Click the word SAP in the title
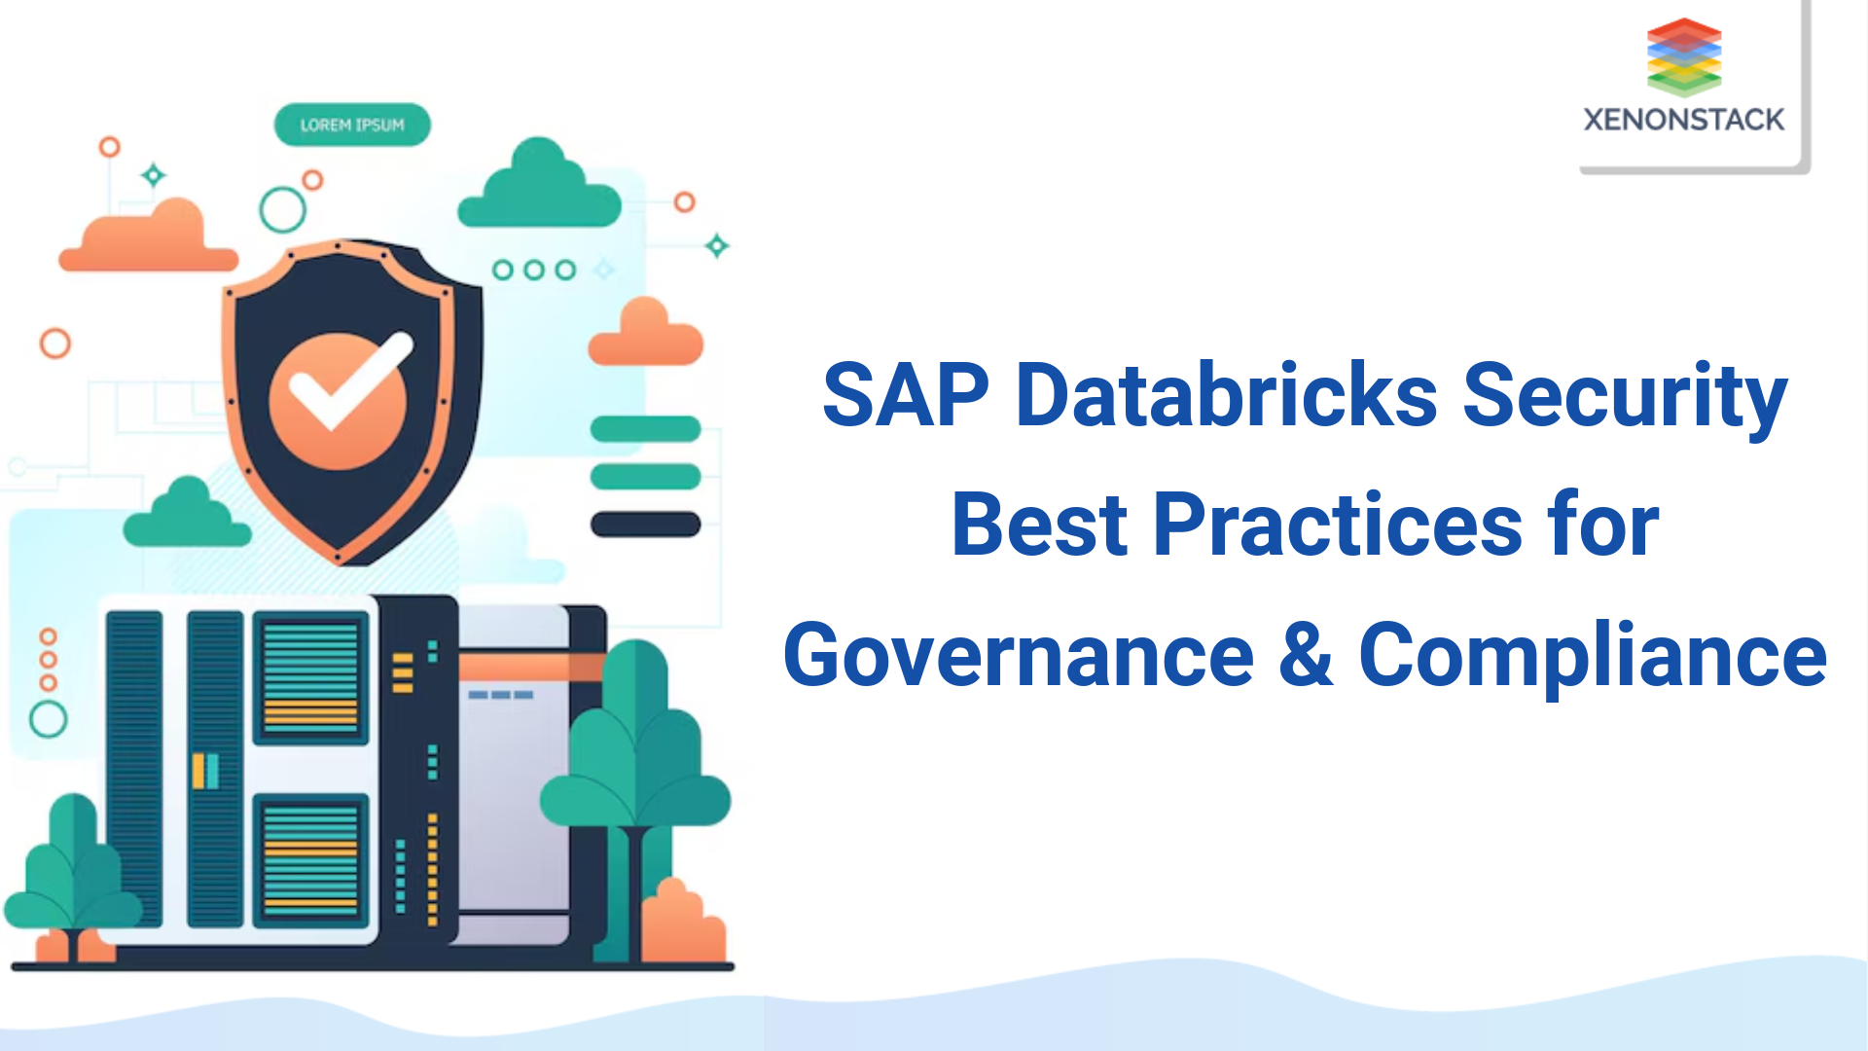905,395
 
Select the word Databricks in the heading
1226,395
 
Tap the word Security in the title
1625,397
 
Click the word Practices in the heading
1338,525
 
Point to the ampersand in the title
1306,654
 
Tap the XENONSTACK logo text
1683,120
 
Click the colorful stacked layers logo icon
1684,56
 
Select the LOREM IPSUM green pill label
352,125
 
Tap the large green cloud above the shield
539,187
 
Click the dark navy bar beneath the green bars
645,525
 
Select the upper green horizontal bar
645,428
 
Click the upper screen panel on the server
310,677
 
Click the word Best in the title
1039,525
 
